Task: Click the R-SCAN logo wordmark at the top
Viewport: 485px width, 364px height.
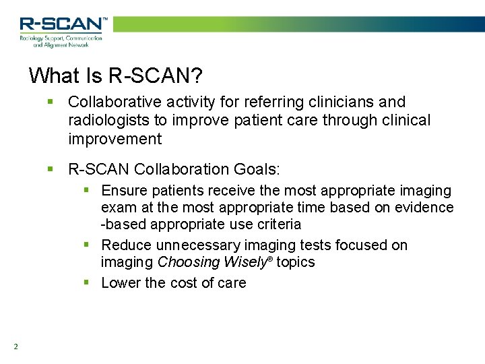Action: click(x=63, y=25)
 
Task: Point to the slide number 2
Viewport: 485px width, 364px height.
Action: click(x=15, y=347)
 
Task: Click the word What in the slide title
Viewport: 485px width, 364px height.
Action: click(x=54, y=75)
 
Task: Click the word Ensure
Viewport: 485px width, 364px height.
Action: click(x=124, y=191)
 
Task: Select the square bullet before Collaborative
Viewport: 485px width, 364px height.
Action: click(x=51, y=102)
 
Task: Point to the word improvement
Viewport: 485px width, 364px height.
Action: click(x=115, y=140)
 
